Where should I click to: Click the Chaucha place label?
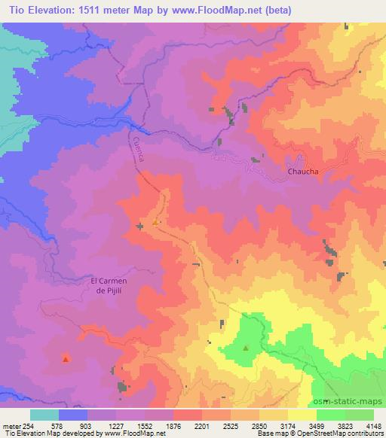coord(303,172)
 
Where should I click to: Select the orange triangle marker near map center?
coord(155,222)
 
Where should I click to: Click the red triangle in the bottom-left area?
coord(66,359)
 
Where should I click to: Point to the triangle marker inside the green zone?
coord(246,348)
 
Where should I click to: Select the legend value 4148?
coord(373,425)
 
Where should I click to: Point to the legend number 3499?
coord(317,425)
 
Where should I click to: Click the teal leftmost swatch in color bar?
coord(44,415)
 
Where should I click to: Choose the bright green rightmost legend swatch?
coord(359,415)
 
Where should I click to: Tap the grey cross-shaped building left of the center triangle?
coord(139,226)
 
